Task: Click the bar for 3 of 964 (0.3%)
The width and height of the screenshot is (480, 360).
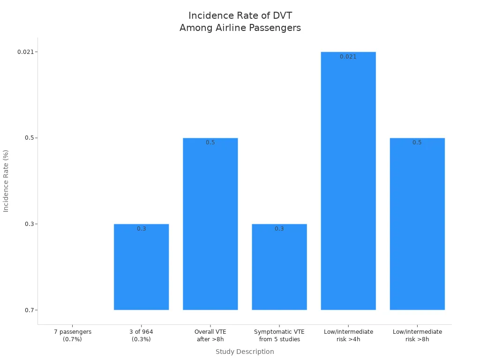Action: (141, 267)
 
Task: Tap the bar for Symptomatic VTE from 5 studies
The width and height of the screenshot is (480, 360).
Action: (279, 267)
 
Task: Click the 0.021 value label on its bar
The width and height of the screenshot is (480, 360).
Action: (348, 57)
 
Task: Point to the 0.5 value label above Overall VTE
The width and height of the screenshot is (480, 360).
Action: (210, 142)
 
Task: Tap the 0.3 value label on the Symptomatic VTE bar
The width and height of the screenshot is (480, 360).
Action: (279, 229)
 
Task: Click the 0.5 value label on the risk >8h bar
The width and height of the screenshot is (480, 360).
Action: (417, 142)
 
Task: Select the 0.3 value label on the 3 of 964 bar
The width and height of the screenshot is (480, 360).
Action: (141, 229)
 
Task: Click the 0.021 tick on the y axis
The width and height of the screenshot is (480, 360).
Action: (26, 52)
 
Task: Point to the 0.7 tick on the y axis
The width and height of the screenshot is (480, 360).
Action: (30, 310)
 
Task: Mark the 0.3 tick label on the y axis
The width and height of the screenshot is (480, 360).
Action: (30, 224)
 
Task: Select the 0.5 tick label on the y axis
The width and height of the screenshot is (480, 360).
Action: (30, 138)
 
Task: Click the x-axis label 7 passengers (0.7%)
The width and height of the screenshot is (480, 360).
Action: (72, 335)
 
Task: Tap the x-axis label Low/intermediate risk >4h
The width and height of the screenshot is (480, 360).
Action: (348, 335)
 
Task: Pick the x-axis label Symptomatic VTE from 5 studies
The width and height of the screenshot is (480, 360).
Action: (279, 335)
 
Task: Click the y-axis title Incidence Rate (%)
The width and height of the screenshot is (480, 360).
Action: (6, 181)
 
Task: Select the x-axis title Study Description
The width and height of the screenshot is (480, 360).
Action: (245, 352)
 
